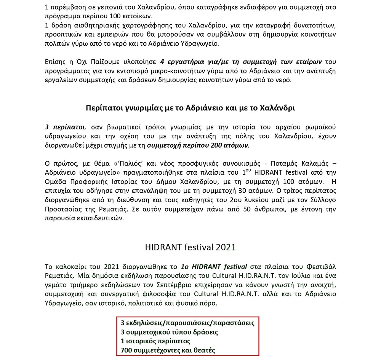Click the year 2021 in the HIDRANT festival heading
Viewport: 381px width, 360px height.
(x=225, y=247)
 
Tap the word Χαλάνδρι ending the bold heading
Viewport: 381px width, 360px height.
(x=278, y=108)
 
